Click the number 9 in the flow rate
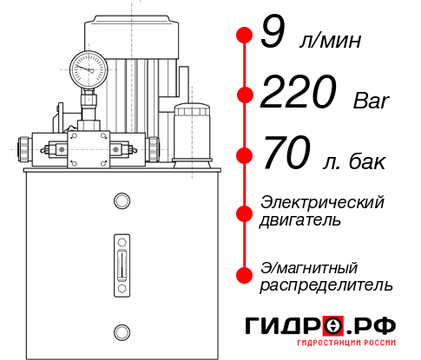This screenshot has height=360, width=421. click(272, 35)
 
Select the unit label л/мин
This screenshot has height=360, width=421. click(328, 41)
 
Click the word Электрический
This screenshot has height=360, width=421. click(322, 203)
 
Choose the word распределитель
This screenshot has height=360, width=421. click(326, 284)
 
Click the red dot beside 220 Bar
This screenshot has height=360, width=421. click(245, 95)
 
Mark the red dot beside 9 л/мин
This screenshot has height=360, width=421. click(245, 35)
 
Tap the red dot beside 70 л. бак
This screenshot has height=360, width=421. click(245, 154)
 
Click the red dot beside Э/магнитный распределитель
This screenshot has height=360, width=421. click(245, 274)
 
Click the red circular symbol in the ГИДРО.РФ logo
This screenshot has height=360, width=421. click(333, 325)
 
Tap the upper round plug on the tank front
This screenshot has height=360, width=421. click(122, 202)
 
